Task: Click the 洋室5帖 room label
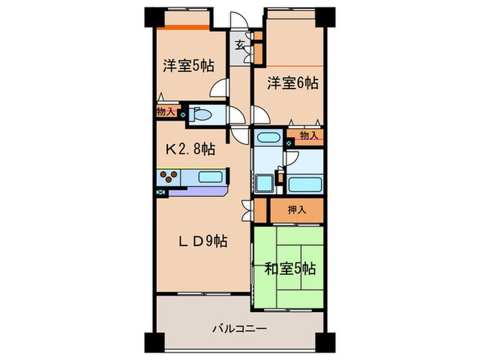[x=188, y=66]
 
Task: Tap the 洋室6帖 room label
[x=292, y=83]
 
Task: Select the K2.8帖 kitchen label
[x=188, y=149]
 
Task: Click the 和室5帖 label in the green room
[x=290, y=269]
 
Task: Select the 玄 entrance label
[x=241, y=46]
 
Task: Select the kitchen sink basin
[x=211, y=178]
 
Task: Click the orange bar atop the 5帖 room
[x=182, y=27]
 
